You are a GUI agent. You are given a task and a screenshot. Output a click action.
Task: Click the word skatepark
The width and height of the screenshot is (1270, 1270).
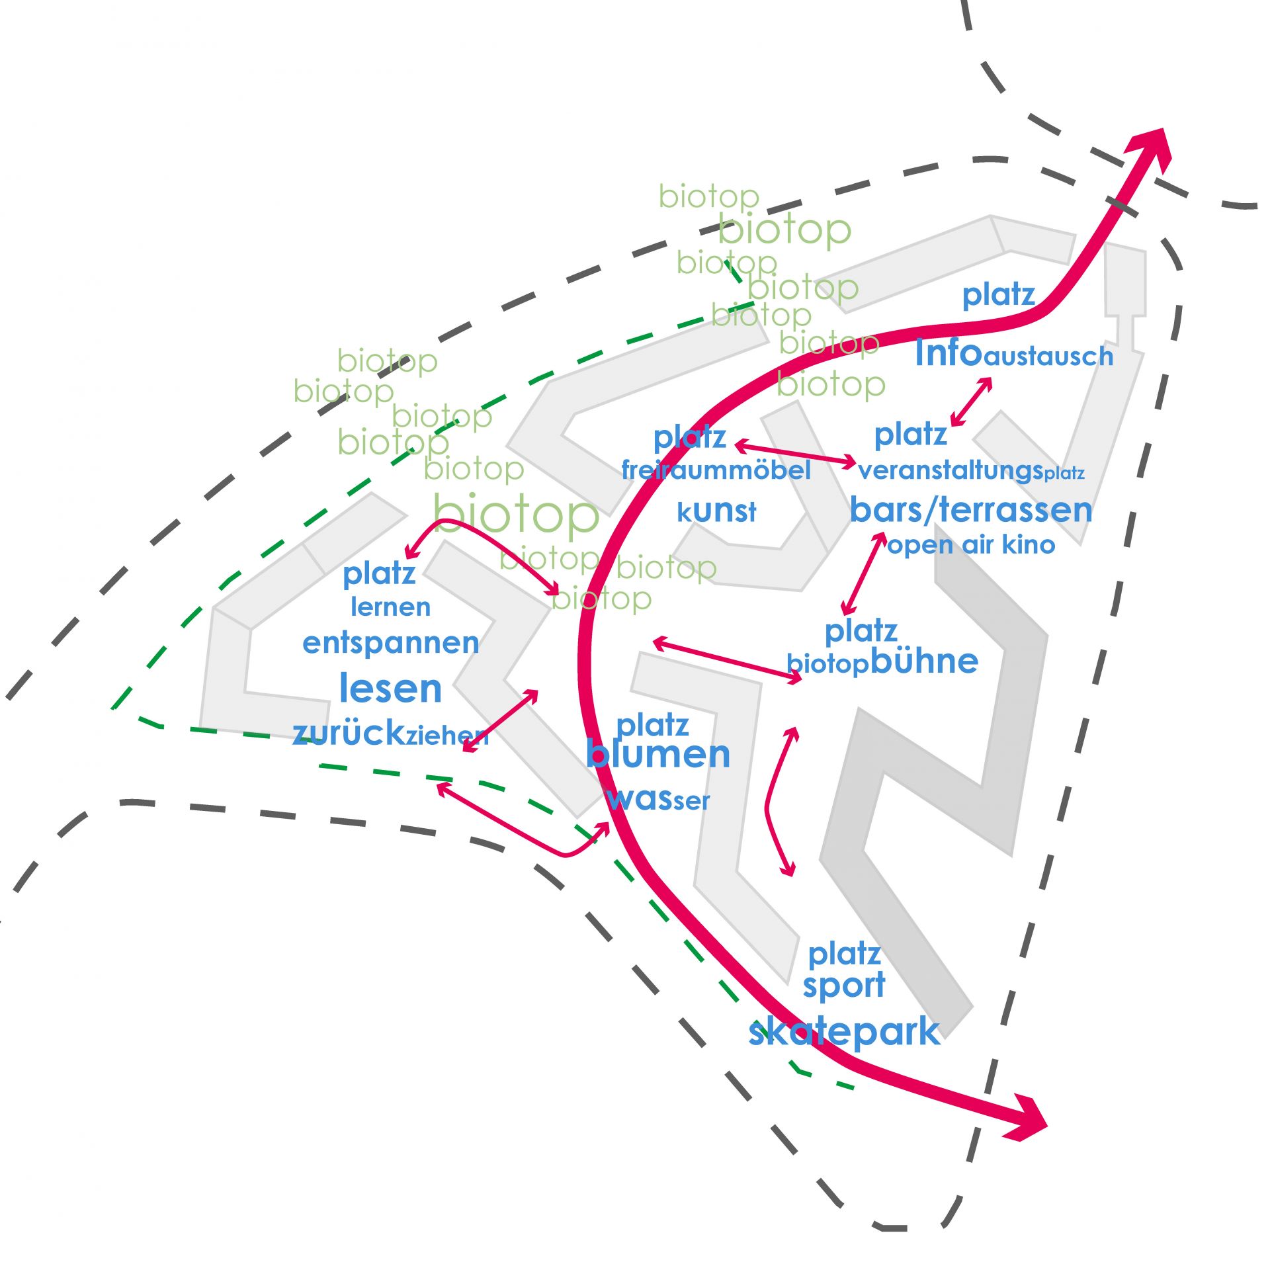843,1033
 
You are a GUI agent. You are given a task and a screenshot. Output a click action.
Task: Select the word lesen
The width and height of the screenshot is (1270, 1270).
390,689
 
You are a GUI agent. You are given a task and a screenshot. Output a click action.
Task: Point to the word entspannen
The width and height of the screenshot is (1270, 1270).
390,643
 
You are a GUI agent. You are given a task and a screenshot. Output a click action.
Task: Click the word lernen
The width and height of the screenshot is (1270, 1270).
390,607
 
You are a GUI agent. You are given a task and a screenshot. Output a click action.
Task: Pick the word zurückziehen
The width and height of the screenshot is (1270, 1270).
390,733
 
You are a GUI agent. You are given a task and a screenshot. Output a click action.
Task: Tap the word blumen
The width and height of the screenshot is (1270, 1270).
658,754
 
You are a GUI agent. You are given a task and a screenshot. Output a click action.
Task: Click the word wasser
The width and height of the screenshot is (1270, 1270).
658,799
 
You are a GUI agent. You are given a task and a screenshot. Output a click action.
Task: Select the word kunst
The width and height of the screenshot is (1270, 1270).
716,511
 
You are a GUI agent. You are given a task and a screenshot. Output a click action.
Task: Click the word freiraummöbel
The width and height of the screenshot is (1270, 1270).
716,470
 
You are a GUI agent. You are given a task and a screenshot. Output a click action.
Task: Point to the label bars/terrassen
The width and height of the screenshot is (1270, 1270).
971,510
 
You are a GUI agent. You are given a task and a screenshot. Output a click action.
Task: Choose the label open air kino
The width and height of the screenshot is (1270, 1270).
971,545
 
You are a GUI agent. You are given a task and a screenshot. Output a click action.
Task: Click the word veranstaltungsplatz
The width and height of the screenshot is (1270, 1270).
971,471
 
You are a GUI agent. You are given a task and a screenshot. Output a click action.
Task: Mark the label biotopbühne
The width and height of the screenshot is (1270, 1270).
882,661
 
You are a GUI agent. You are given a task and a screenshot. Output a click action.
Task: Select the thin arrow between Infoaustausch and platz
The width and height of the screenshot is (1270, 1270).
971,402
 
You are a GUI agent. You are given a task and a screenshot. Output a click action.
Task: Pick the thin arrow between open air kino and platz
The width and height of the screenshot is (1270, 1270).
863,573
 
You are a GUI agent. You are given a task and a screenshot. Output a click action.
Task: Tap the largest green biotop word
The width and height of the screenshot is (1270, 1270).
516,514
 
